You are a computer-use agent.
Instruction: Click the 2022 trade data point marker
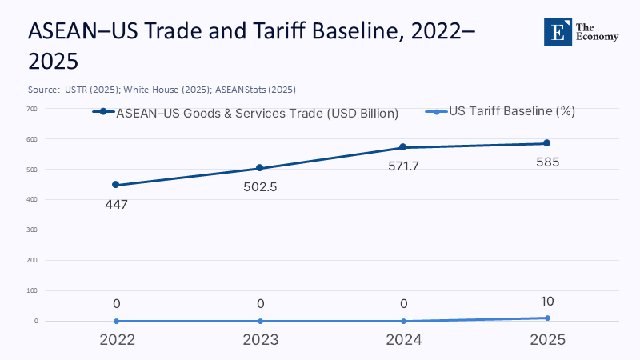116,185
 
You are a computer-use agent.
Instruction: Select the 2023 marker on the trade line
260,168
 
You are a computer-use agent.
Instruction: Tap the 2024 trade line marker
403,147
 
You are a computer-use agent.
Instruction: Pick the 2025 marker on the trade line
547,143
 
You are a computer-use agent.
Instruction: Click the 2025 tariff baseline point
547,318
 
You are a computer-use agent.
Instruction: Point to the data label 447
116,204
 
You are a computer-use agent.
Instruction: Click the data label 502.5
260,187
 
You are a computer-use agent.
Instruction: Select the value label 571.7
403,166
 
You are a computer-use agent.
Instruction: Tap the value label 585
547,162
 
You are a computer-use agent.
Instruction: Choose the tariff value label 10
547,302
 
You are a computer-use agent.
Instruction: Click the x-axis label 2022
116,339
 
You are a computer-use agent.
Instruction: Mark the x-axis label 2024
403,339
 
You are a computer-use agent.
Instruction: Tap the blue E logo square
557,30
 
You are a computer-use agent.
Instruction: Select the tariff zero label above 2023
260,303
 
